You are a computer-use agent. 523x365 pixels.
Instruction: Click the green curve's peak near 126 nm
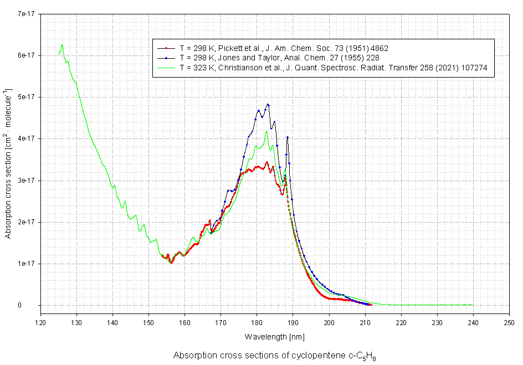62,44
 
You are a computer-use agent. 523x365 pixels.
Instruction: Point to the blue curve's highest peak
268,104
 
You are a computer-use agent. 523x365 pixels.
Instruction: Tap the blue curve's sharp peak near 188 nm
288,137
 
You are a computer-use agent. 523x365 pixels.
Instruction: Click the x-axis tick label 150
148,322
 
